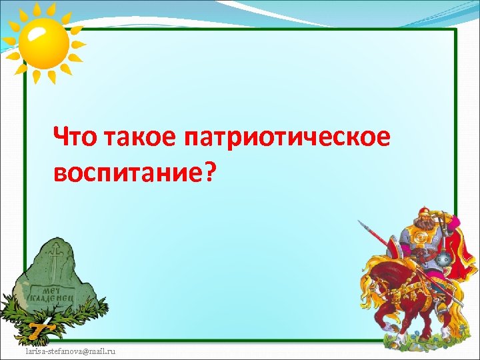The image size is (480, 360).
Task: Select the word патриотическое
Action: click(x=287, y=139)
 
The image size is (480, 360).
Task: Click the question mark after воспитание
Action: click(x=210, y=172)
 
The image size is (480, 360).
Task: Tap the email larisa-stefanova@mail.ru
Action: click(x=70, y=350)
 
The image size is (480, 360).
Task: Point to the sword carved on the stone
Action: click(x=55, y=263)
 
